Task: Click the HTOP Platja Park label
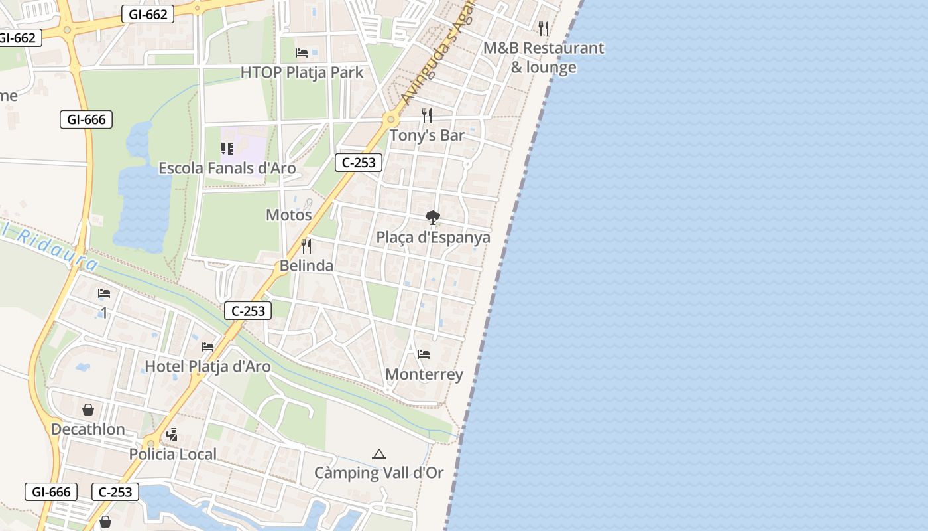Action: (x=302, y=72)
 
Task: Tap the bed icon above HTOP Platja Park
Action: (x=302, y=52)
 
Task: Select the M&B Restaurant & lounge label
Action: (x=544, y=58)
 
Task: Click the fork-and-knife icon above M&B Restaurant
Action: (x=544, y=28)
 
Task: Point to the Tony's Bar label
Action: (x=427, y=135)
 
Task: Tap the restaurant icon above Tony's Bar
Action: (x=427, y=115)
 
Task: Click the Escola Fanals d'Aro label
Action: (x=227, y=168)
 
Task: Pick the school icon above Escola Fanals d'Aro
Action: (x=227, y=148)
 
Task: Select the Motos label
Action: (x=288, y=215)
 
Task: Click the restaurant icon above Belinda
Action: (x=306, y=246)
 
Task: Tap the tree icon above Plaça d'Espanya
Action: (x=433, y=217)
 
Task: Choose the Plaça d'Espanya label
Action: (x=434, y=238)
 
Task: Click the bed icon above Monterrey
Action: (x=424, y=354)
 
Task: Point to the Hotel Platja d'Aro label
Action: (x=207, y=366)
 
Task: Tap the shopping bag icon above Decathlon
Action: (x=88, y=410)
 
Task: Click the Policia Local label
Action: (x=172, y=455)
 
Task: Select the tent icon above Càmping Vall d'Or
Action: (x=378, y=454)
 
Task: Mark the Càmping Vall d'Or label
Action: (x=378, y=473)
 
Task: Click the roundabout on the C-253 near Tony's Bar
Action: (x=391, y=121)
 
